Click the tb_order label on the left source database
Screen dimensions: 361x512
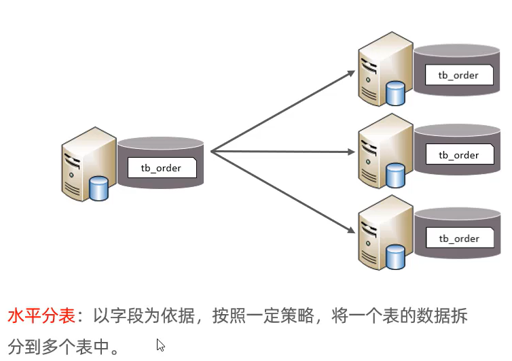tap(162, 167)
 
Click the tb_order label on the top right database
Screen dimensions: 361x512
tap(459, 75)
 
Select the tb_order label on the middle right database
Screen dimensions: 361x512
tap(459, 155)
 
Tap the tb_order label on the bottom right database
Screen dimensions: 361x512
tap(459, 238)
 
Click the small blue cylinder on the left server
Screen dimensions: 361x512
tap(99, 188)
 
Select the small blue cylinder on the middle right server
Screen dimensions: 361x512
tap(396, 175)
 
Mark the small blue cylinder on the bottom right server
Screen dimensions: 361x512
tap(396, 258)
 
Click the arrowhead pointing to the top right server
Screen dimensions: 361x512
tap(351, 71)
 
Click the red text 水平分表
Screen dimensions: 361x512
tap(41, 317)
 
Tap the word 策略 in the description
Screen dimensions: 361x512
tap(297, 317)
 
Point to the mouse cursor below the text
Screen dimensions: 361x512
tap(160, 345)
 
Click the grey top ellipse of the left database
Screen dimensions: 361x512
tap(160, 143)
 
